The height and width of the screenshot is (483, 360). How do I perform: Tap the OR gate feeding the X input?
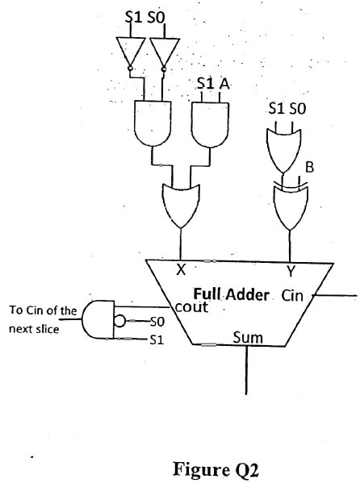click(180, 202)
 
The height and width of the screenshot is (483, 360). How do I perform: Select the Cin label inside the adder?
click(292, 295)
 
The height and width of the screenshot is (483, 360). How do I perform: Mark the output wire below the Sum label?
click(245, 371)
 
